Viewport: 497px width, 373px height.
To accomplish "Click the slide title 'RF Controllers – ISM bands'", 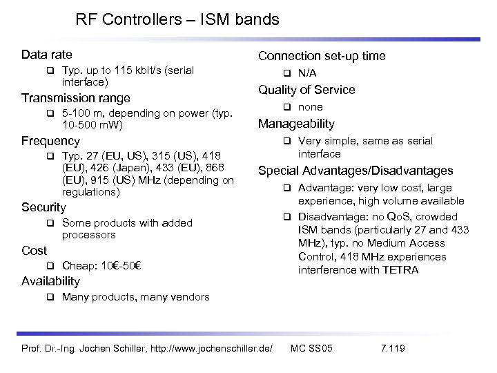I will [x=177, y=20].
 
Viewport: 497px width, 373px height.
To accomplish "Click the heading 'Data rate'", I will [x=47, y=55].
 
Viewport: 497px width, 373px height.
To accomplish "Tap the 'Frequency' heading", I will [x=50, y=141].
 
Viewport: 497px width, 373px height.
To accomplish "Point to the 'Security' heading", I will [x=44, y=207].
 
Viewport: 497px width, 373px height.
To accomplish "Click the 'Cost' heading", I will [x=34, y=251].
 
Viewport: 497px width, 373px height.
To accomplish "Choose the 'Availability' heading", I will [x=50, y=281].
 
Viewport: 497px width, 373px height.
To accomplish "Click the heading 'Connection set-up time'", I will [x=322, y=56].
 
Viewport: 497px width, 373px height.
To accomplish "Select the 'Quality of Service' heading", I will [x=306, y=90].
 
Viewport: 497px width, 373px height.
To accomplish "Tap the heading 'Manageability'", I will [x=296, y=124].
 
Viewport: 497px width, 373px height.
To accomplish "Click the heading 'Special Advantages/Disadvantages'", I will [x=355, y=171].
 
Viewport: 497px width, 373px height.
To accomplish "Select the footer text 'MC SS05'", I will [x=312, y=347].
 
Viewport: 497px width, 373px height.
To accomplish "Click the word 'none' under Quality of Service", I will [x=310, y=107].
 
